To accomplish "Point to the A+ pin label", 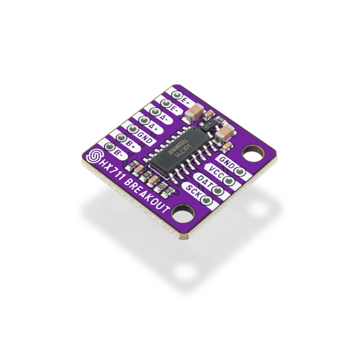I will tap(154, 127).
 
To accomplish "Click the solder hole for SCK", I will tap(207, 200).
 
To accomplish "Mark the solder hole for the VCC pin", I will tap(229, 181).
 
